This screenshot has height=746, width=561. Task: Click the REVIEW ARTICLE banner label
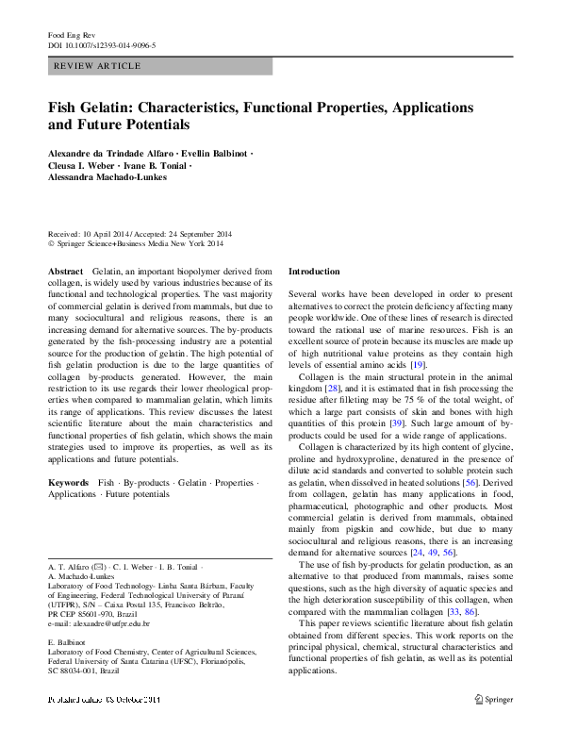[x=98, y=66]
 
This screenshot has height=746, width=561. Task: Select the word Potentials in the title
[x=153, y=124]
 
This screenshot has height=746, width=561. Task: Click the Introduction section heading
[x=314, y=271]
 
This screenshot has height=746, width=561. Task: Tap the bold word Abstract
[x=66, y=271]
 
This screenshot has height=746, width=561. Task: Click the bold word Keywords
[x=69, y=482]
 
